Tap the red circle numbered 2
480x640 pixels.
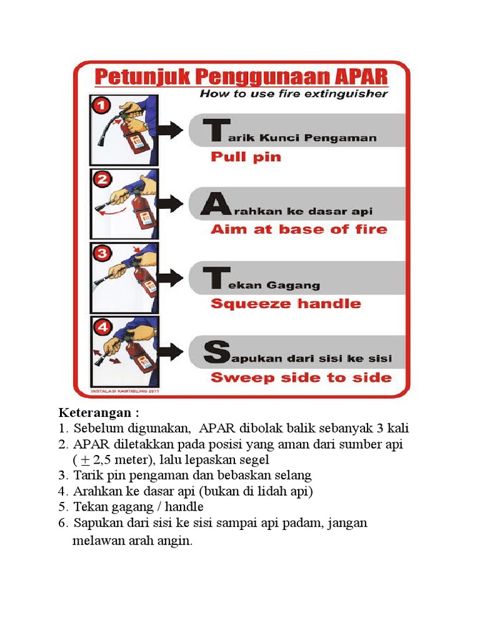tap(102, 180)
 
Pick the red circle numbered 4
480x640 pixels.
tap(102, 327)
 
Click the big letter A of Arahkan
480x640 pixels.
tap(214, 206)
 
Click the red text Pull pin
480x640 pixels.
tap(246, 156)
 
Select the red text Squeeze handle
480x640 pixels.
tap(286, 304)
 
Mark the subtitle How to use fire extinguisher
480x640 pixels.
tap(294, 94)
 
